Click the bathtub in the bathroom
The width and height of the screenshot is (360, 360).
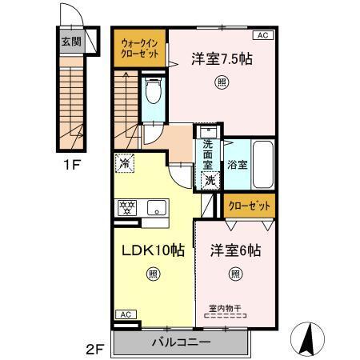262,163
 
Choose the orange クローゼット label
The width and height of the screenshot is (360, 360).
248,206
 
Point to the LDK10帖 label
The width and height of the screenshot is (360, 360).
153,250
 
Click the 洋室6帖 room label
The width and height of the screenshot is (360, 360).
235,250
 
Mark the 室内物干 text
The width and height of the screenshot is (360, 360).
225,306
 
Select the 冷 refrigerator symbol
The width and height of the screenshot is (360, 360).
124,162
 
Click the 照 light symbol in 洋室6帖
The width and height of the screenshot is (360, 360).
235,275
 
